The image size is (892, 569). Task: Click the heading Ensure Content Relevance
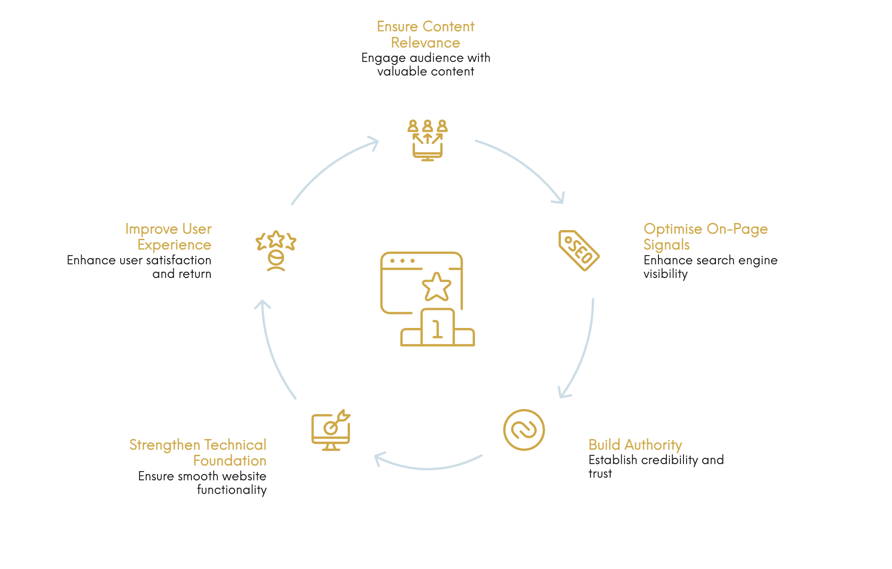point(425,35)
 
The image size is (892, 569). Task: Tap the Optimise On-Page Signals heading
point(705,237)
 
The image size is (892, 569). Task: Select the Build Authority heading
point(635,445)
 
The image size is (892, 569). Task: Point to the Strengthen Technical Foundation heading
point(198,453)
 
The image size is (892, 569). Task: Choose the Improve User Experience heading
point(169,237)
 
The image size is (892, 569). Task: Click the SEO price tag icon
point(579,250)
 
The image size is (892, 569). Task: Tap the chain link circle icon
point(524,430)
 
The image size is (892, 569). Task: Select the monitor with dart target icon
point(331,430)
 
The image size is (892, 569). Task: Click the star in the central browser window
point(436,287)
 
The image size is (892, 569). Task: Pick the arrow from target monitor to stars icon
point(273,351)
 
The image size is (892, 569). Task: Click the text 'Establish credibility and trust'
point(656,467)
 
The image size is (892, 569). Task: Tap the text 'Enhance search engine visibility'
point(710,267)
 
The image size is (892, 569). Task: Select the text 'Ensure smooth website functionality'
point(202,483)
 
